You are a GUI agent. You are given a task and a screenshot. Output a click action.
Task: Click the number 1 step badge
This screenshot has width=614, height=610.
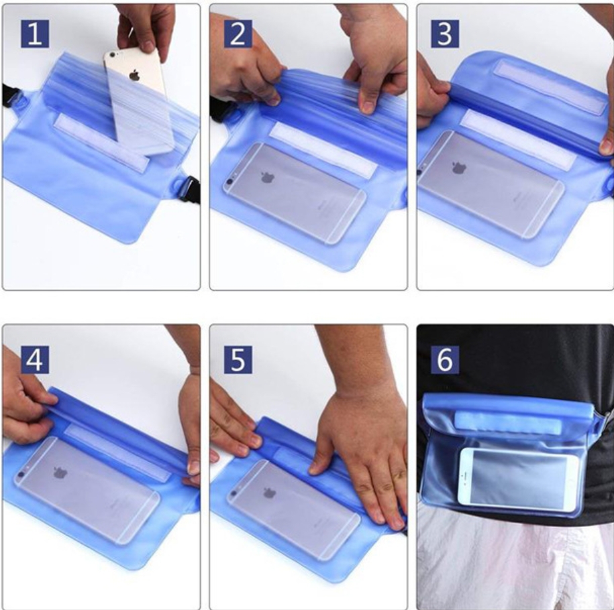(x=35, y=34)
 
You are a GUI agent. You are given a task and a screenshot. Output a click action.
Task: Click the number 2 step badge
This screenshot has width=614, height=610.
(x=238, y=34)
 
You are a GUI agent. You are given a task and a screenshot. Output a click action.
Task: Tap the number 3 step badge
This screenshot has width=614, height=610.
(x=445, y=34)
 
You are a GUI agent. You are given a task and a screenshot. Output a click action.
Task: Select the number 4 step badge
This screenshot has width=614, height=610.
(x=35, y=359)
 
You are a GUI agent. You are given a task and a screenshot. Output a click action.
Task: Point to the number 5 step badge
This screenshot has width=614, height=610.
(x=238, y=359)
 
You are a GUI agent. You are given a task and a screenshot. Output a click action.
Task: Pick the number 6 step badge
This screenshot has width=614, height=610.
(x=445, y=359)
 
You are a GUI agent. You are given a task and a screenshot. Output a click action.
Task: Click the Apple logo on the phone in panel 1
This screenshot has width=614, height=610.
(x=134, y=74)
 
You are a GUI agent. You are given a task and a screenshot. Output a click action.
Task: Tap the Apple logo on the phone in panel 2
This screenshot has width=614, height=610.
(x=268, y=177)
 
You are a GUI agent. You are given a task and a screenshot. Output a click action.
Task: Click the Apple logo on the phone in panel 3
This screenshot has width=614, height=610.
(x=459, y=167)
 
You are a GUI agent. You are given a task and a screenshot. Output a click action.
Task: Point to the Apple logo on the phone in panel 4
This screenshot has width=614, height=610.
(x=60, y=473)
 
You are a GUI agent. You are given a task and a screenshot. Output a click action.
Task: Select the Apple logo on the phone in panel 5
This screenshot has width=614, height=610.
(x=269, y=493)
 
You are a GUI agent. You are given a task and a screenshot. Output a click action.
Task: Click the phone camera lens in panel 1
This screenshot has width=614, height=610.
(x=113, y=55)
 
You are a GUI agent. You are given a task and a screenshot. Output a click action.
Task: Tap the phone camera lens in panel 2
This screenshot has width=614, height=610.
(x=229, y=182)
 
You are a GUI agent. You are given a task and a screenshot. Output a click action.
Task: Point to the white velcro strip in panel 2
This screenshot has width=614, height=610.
(x=323, y=149)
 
